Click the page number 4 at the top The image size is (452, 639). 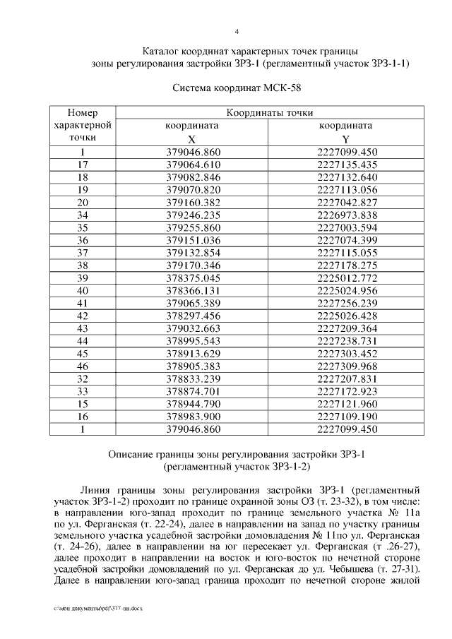(237, 31)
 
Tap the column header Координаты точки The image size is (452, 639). (270, 113)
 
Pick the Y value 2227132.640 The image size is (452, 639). (348, 177)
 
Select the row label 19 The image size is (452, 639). (83, 189)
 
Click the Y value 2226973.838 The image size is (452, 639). (348, 215)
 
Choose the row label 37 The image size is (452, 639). (83, 253)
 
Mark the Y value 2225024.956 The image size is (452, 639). (348, 290)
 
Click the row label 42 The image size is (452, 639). (83, 316)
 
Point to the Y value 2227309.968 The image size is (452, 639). (348, 366)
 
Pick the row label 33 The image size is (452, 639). (83, 391)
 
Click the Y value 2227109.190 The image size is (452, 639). (348, 417)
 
